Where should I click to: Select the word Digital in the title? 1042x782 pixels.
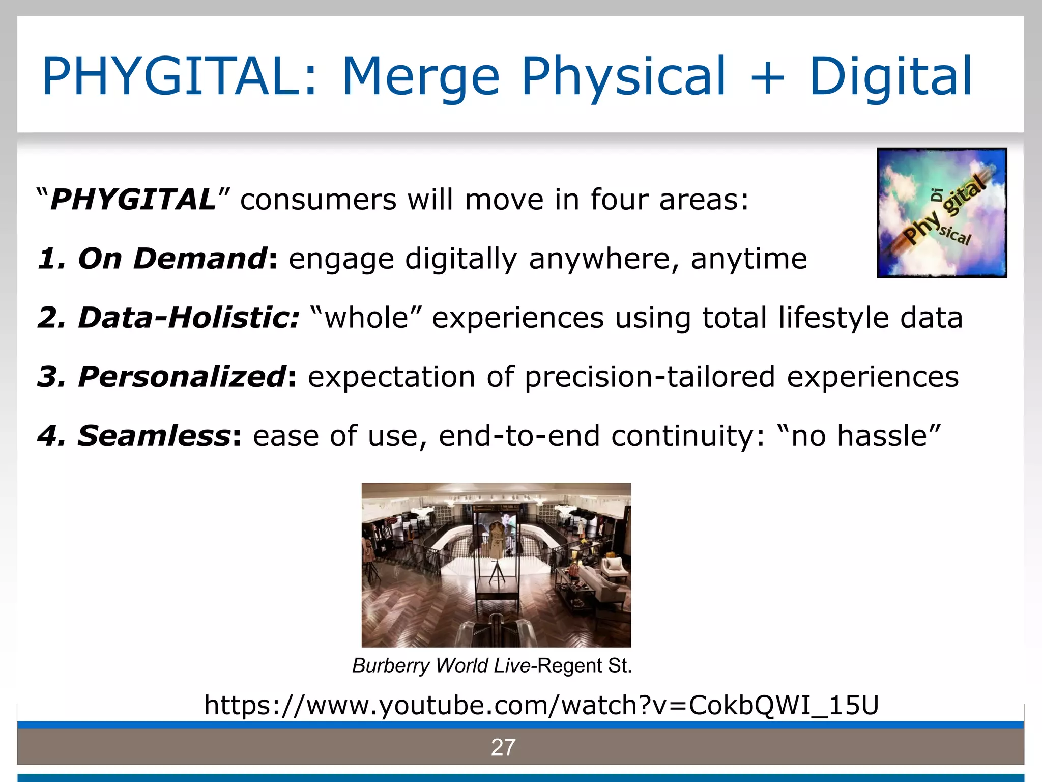point(890,76)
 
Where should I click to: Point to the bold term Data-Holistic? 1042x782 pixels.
point(188,318)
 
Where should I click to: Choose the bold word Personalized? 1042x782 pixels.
point(182,377)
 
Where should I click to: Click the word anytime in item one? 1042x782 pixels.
point(749,259)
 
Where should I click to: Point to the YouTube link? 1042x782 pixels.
point(541,705)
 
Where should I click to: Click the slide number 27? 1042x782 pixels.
point(503,747)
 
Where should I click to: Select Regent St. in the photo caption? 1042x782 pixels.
point(584,665)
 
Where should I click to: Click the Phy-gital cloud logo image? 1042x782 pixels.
point(942,213)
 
